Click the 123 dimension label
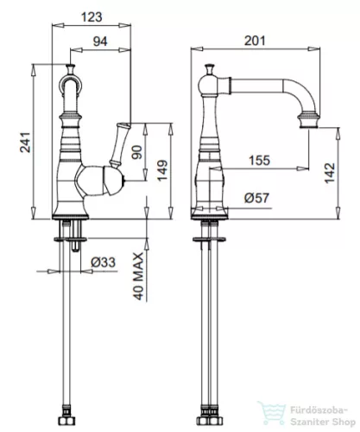click(x=92, y=16)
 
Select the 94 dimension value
click(x=100, y=41)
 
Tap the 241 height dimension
click(x=25, y=142)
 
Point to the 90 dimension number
click(x=137, y=152)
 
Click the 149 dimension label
click(x=162, y=170)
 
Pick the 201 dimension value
click(x=255, y=41)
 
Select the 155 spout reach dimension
click(x=259, y=161)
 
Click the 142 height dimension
click(x=330, y=173)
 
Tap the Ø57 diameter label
click(x=256, y=198)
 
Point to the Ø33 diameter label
click(x=103, y=262)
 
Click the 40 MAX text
click(x=139, y=276)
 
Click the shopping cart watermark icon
click(x=272, y=414)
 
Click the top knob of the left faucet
click(x=71, y=69)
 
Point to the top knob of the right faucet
click(x=210, y=69)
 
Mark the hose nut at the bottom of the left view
click(x=66, y=421)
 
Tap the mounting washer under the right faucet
click(x=209, y=239)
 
